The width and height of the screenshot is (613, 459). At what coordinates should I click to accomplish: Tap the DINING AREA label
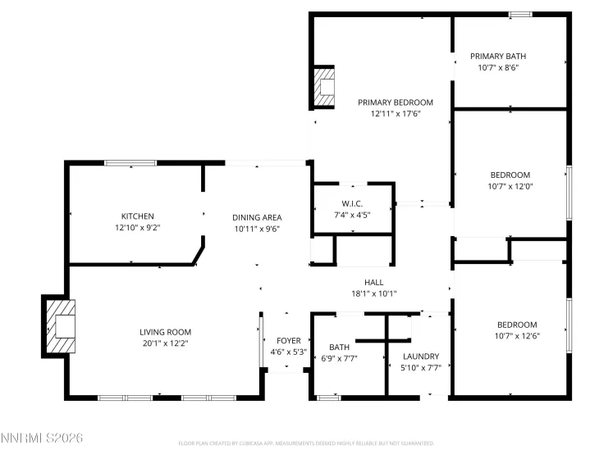pyautogui.click(x=257, y=217)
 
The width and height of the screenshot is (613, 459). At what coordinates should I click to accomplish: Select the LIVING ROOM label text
pyautogui.click(x=165, y=332)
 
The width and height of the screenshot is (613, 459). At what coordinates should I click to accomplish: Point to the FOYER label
pyautogui.click(x=288, y=341)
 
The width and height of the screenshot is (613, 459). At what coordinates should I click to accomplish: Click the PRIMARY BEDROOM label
pyautogui.click(x=395, y=102)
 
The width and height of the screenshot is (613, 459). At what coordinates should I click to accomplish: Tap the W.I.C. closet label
pyautogui.click(x=352, y=203)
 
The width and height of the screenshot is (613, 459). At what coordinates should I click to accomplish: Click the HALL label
pyautogui.click(x=373, y=282)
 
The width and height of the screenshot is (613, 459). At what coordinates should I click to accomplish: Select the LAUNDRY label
pyautogui.click(x=421, y=357)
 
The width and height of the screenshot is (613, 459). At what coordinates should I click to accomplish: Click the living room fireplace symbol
pyautogui.click(x=62, y=325)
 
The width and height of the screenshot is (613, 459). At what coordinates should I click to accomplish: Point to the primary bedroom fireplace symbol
pyautogui.click(x=325, y=88)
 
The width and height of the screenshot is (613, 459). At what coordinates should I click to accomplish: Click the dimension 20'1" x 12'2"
pyautogui.click(x=165, y=343)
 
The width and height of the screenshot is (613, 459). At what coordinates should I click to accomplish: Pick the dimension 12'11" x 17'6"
pyautogui.click(x=395, y=114)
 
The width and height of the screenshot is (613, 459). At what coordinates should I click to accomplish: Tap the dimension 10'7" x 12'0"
pyautogui.click(x=510, y=186)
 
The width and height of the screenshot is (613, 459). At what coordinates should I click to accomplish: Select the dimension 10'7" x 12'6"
pyautogui.click(x=516, y=336)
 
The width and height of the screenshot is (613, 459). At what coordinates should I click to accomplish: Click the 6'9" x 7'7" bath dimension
pyautogui.click(x=339, y=357)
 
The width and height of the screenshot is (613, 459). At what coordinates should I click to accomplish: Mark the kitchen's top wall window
pyautogui.click(x=130, y=163)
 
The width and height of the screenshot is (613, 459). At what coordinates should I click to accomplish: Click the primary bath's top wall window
pyautogui.click(x=520, y=14)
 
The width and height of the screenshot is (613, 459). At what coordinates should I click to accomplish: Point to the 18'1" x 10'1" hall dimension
pyautogui.click(x=373, y=293)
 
